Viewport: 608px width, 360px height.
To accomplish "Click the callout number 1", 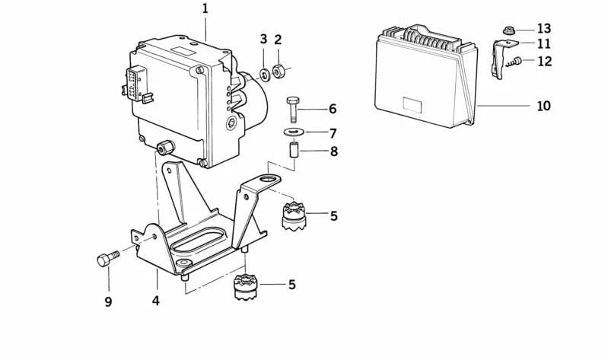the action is [205, 9].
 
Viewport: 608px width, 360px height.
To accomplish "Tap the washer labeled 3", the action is [266, 74].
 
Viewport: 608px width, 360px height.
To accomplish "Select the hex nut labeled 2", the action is [278, 71].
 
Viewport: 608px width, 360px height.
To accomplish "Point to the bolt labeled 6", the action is [293, 110].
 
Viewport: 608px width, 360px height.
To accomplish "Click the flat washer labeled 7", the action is [294, 132].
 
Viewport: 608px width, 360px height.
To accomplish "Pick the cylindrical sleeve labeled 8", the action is [294, 150].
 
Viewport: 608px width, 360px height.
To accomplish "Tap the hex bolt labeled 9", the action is [107, 258].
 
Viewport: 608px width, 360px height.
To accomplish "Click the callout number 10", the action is [543, 106].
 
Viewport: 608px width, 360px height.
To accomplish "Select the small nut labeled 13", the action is [509, 30].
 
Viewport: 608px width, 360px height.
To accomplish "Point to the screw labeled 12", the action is [514, 62].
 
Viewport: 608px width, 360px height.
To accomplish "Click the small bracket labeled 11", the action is [501, 58].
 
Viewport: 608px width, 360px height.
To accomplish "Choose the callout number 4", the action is [155, 301].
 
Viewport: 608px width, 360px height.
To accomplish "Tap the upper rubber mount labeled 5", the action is [294, 215].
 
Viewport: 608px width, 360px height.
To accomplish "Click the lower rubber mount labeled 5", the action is [247, 287].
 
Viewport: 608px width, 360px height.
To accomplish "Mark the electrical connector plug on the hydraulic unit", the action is [135, 84].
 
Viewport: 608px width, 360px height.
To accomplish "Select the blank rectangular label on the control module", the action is [412, 105].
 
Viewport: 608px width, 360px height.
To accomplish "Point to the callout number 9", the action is [108, 301].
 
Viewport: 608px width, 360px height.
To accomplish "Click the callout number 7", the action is [333, 133].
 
